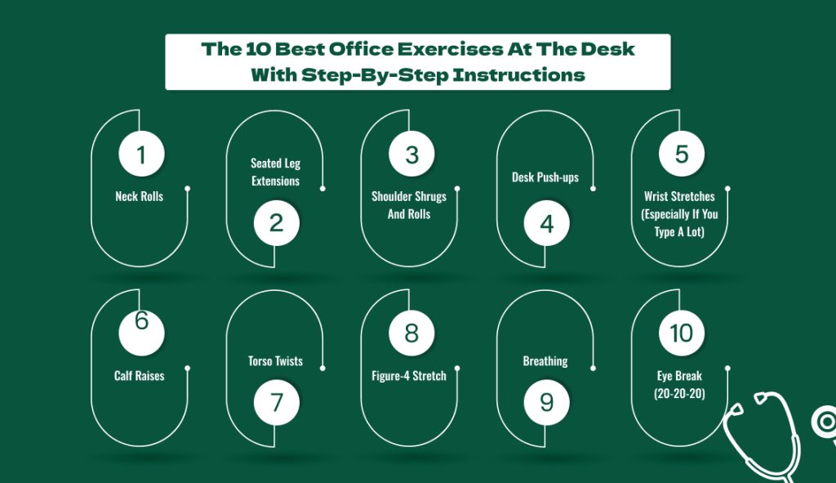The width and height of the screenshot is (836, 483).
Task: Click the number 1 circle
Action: click(141, 154)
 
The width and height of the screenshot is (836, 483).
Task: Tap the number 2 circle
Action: click(276, 223)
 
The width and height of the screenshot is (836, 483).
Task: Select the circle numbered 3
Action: click(411, 154)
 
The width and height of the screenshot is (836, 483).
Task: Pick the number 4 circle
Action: click(546, 223)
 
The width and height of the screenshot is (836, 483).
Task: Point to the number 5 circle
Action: click(682, 154)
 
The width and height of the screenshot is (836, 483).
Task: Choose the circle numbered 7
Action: click(276, 402)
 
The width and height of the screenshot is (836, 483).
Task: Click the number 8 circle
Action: click(411, 333)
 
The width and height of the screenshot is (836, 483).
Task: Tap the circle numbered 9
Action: click(546, 402)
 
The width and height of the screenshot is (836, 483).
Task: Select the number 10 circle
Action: click(682, 333)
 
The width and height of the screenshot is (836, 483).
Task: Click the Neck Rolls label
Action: click(139, 196)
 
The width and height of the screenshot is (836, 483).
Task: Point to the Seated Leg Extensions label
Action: click(276, 172)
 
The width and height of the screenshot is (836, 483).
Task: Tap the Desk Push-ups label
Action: click(545, 177)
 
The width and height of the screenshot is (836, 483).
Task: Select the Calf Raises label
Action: click(139, 376)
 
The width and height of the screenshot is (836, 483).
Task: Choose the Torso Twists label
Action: click(275, 360)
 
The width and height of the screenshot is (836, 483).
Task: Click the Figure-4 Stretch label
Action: click(409, 376)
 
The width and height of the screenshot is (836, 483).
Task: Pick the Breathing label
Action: click(545, 361)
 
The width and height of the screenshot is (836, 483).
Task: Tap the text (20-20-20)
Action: click(679, 394)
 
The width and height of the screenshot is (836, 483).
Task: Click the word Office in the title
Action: click(361, 49)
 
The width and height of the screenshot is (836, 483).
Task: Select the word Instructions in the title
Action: click(518, 74)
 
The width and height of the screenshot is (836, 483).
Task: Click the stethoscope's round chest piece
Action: click(825, 423)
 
